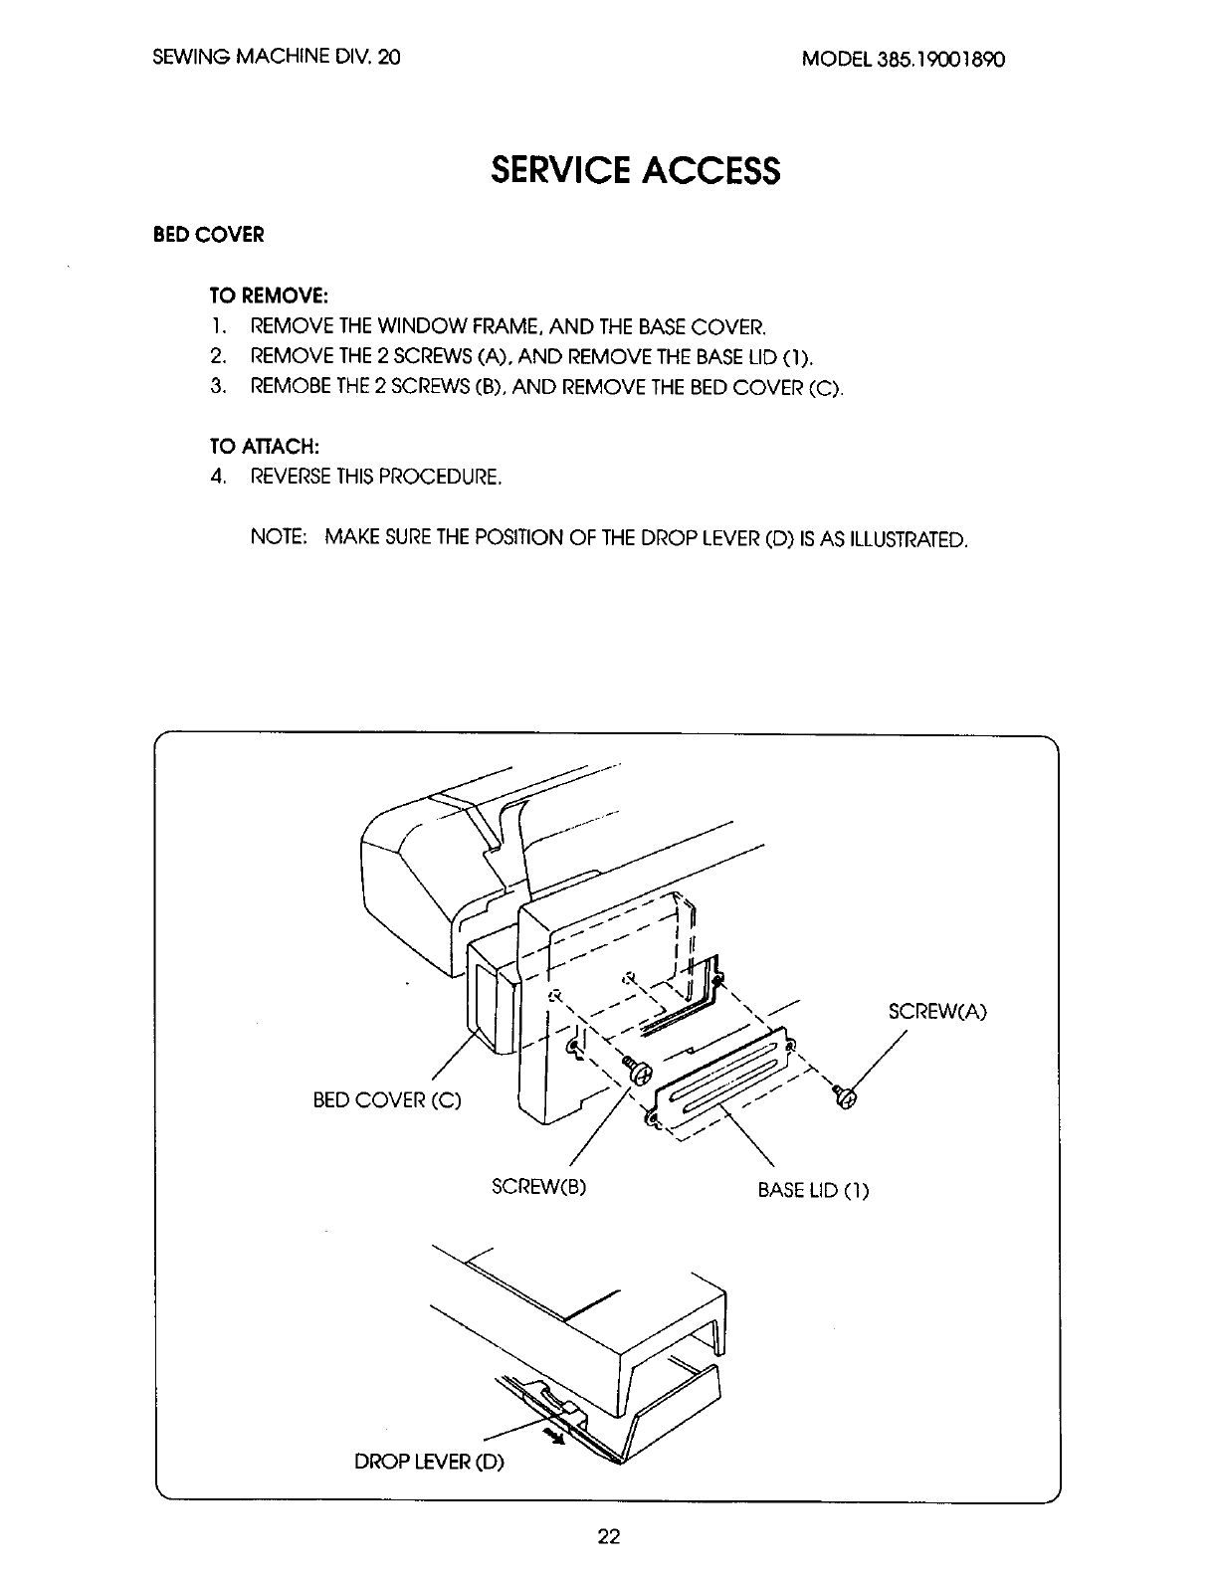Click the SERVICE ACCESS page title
click(635, 171)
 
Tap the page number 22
click(608, 1536)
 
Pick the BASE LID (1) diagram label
click(813, 1190)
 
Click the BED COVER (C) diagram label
click(387, 1102)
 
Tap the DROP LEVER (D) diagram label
click(430, 1463)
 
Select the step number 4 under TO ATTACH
click(216, 477)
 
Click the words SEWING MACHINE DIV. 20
click(277, 58)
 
